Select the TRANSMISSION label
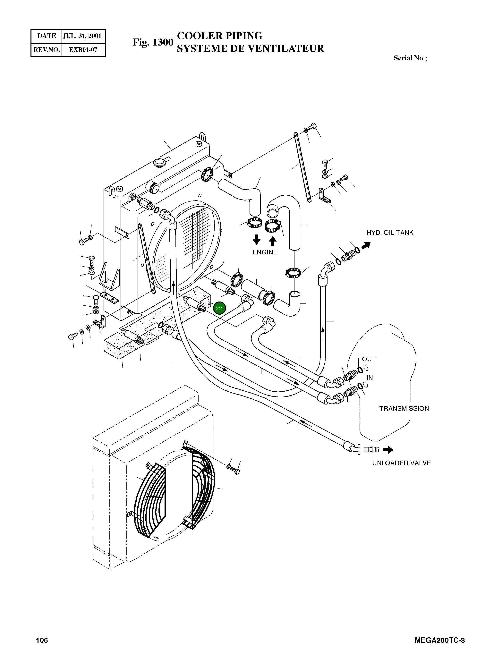(404, 408)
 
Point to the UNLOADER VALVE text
(401, 463)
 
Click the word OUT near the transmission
(369, 359)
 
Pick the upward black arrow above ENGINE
(272, 241)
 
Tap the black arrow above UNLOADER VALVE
(388, 450)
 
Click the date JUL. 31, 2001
(82, 36)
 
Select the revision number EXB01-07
(83, 50)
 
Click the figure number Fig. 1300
(153, 42)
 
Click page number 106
(42, 649)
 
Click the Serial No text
(410, 58)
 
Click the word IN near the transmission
(370, 378)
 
